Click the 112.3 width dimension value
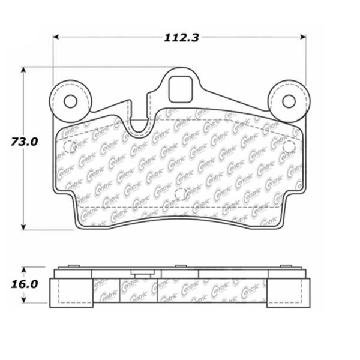click(x=181, y=37)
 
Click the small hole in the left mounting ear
click(x=71, y=101)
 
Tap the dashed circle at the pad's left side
click(x=69, y=146)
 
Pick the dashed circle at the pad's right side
click(x=288, y=146)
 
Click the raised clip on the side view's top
click(x=142, y=274)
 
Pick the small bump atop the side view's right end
click(x=287, y=266)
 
